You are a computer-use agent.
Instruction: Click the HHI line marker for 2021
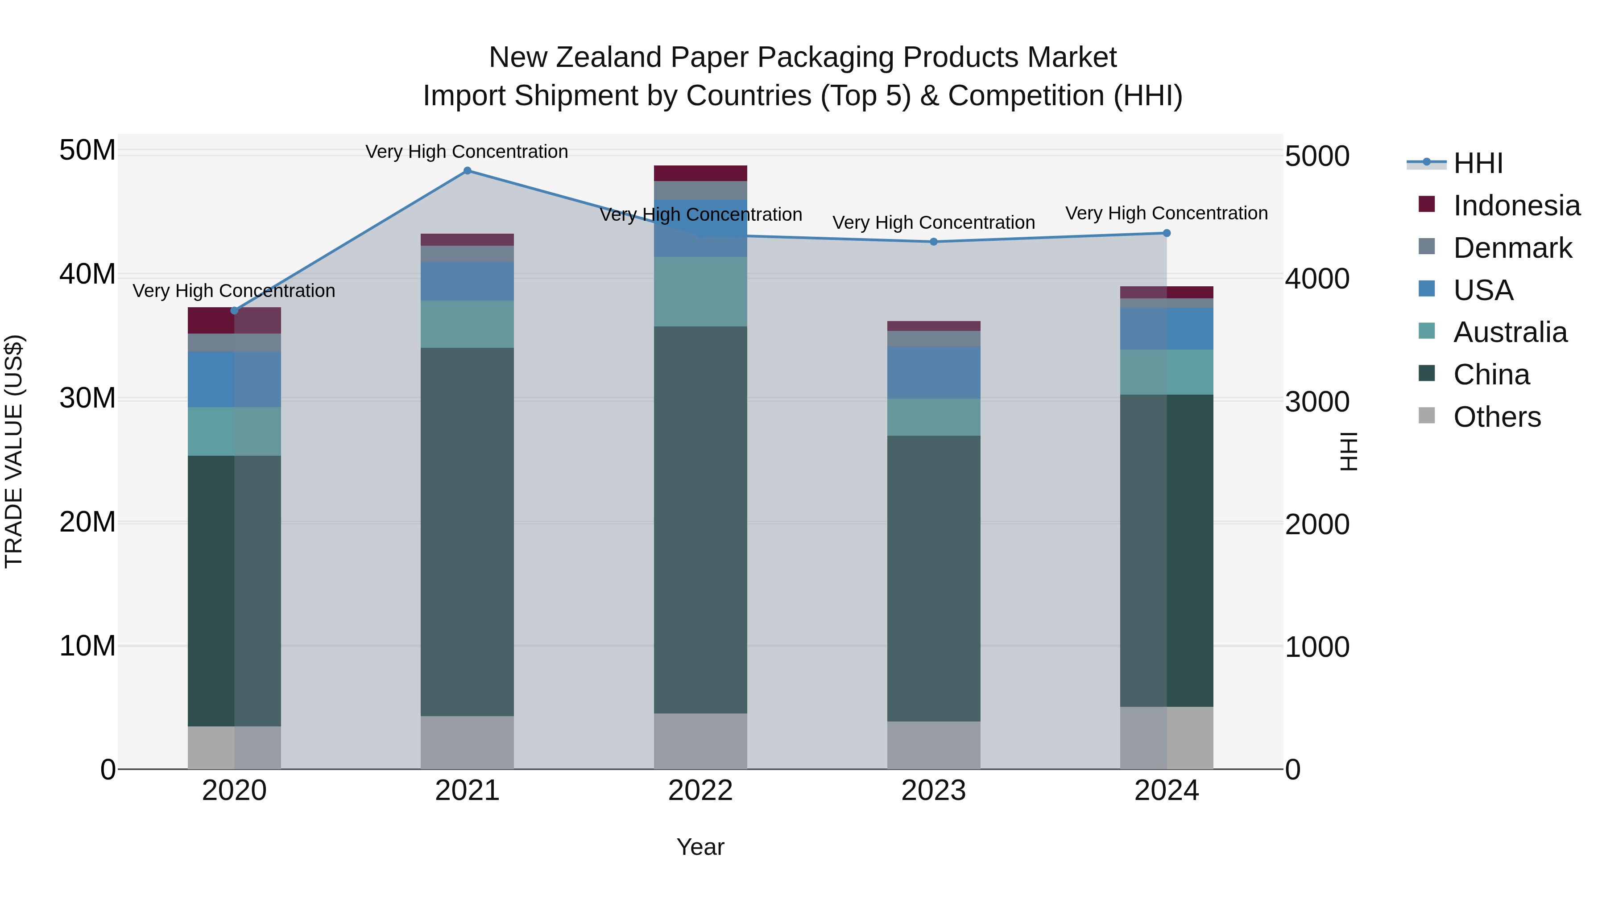[x=467, y=171]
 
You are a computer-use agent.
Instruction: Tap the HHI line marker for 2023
[x=933, y=242]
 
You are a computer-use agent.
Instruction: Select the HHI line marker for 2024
[x=1167, y=233]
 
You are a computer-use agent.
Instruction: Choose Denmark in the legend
[x=1512, y=248]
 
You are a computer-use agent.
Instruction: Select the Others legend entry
[x=1496, y=417]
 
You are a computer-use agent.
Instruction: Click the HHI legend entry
[x=1478, y=163]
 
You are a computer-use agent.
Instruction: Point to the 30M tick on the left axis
[x=87, y=398]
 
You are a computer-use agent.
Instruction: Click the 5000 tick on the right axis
[x=1317, y=157]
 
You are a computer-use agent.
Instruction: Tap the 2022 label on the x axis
[x=700, y=791]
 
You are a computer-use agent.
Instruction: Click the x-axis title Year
[x=700, y=847]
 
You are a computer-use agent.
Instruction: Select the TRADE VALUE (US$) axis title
[x=14, y=451]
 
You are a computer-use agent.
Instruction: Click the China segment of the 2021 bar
[x=467, y=532]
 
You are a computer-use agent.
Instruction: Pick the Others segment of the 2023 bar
[x=933, y=745]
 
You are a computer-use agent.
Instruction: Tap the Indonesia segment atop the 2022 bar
[x=700, y=173]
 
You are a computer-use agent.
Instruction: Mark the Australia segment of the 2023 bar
[x=933, y=417]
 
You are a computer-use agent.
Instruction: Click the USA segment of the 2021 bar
[x=467, y=281]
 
